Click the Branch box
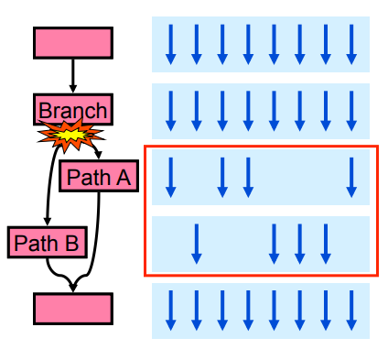73,110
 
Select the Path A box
98,176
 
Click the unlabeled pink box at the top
73,42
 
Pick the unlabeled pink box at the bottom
73,309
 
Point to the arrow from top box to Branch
73,75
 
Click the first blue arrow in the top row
169,44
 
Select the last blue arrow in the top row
351,44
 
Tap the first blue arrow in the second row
169,111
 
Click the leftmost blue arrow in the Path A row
169,177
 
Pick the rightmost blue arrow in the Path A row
351,177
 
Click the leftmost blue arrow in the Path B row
196,243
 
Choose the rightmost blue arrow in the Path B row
325,243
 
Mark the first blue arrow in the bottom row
169,311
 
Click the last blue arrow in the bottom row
351,311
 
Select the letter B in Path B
72,243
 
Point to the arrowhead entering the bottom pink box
73,288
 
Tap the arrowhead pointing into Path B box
47,223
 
